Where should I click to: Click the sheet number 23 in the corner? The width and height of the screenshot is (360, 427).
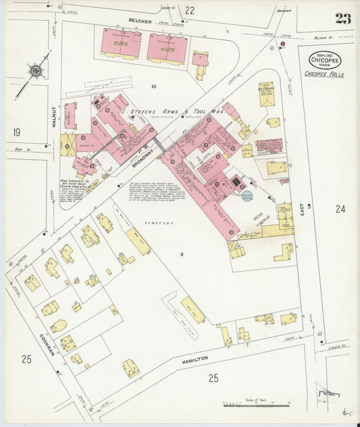(342, 18)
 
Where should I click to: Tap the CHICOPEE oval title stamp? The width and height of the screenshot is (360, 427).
(325, 60)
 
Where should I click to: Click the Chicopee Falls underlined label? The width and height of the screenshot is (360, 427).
(324, 74)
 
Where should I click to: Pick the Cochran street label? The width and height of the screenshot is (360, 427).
(47, 346)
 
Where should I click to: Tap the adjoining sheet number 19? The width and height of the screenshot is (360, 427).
(17, 132)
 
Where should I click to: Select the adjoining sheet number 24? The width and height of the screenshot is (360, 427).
(340, 209)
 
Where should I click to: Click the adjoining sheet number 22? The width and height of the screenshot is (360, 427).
(190, 10)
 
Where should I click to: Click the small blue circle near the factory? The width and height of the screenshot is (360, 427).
(247, 196)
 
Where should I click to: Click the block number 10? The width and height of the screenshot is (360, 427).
(153, 86)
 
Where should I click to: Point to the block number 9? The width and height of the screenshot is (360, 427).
(182, 254)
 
